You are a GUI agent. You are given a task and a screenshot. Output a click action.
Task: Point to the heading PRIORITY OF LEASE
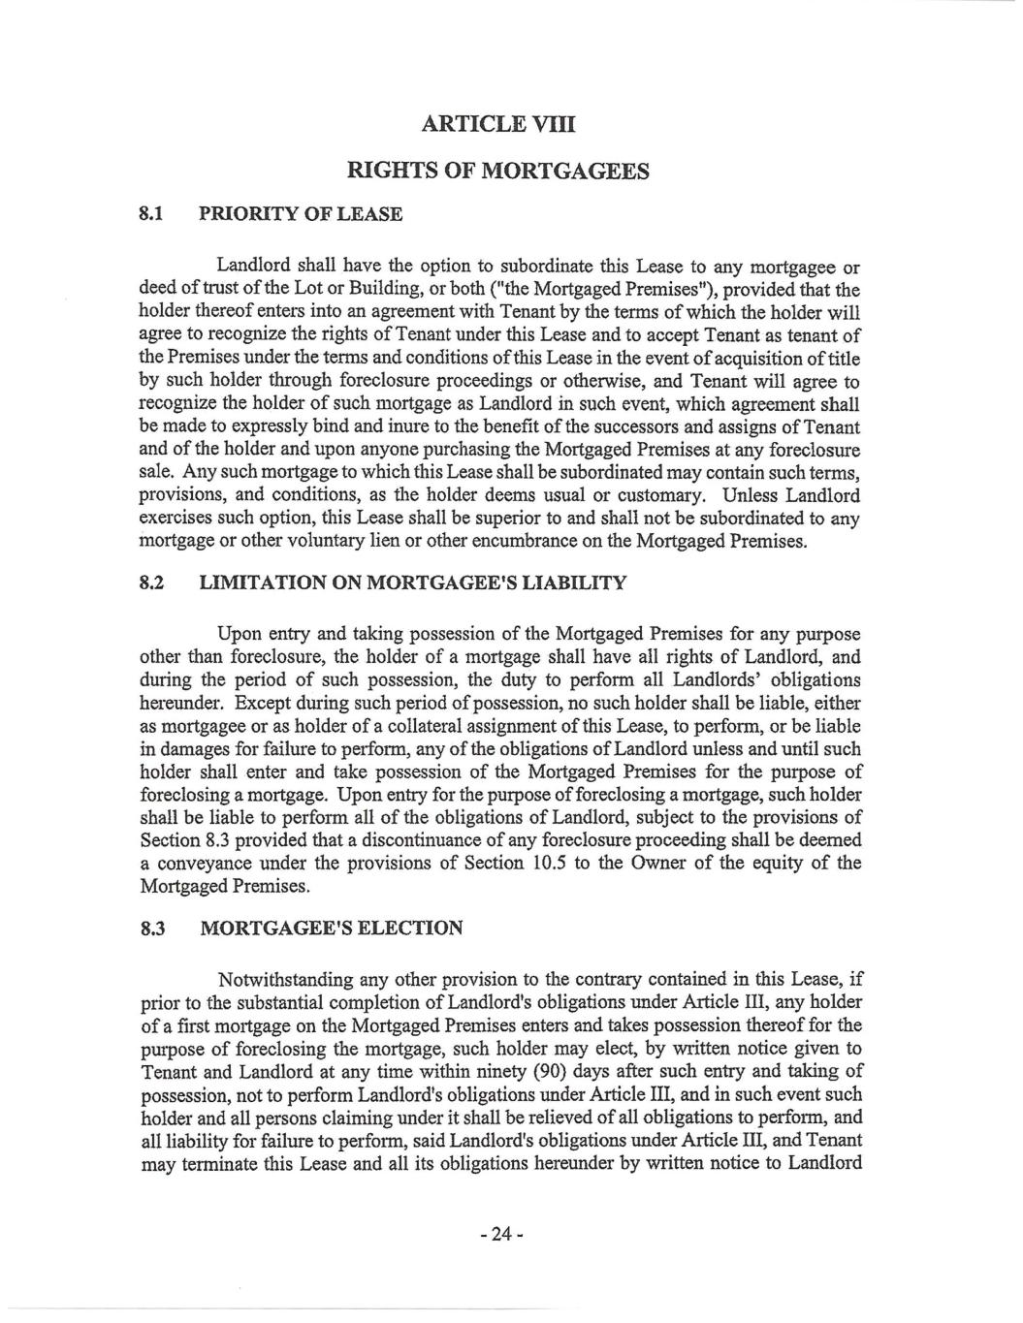point(301,212)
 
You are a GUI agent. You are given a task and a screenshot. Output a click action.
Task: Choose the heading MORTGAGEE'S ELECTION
point(331,929)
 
